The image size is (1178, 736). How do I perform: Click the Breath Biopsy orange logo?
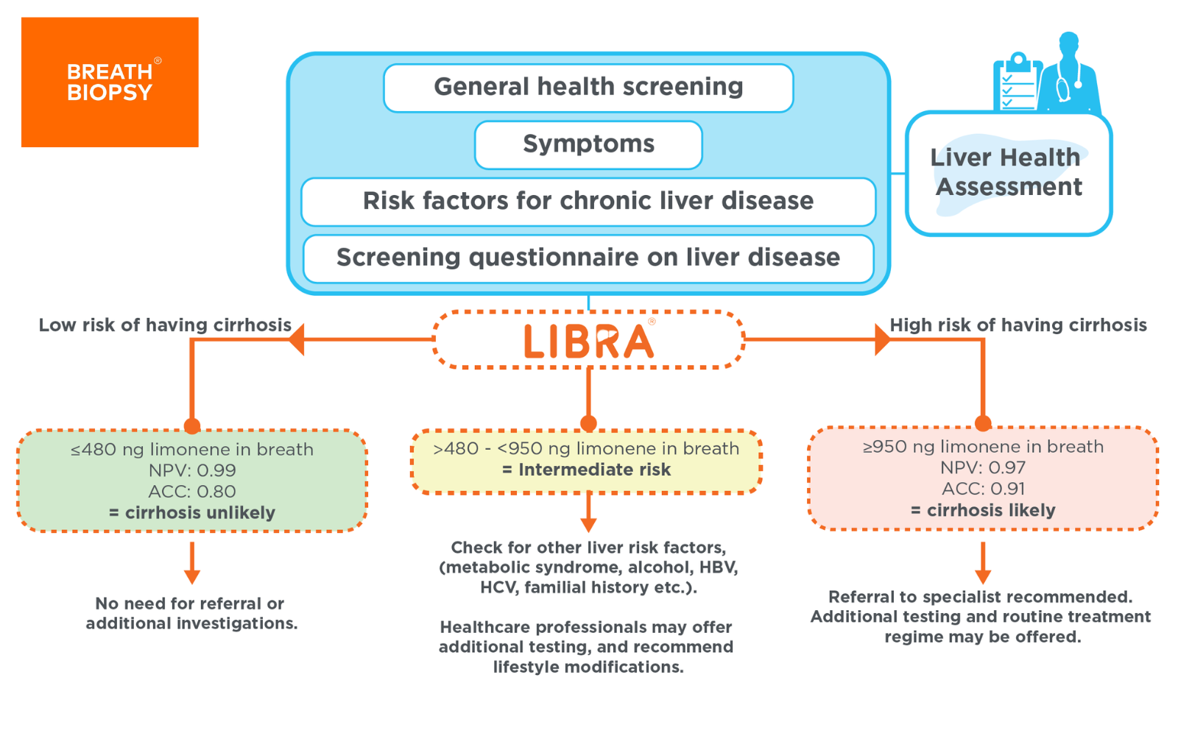click(110, 82)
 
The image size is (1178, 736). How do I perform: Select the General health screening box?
click(588, 88)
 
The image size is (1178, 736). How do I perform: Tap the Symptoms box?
click(588, 144)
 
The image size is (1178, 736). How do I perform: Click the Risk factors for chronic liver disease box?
click(588, 201)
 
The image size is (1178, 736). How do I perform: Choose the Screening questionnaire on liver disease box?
click(588, 258)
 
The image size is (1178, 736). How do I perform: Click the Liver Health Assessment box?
click(1007, 174)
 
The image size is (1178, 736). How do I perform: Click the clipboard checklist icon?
click(1017, 83)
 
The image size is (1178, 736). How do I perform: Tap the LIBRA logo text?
click(588, 342)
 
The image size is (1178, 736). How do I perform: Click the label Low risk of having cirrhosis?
click(165, 325)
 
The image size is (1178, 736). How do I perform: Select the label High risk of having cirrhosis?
click(1018, 325)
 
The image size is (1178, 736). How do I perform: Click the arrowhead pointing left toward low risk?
click(297, 340)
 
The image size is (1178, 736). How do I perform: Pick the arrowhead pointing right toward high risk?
click(882, 340)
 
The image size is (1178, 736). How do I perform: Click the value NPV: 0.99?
click(192, 470)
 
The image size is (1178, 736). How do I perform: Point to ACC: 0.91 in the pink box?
click(983, 489)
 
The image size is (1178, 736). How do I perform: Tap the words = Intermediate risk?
click(587, 470)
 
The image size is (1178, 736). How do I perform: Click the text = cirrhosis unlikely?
click(192, 513)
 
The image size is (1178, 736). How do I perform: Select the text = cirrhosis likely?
click(983, 510)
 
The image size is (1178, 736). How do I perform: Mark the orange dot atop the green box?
click(192, 426)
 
